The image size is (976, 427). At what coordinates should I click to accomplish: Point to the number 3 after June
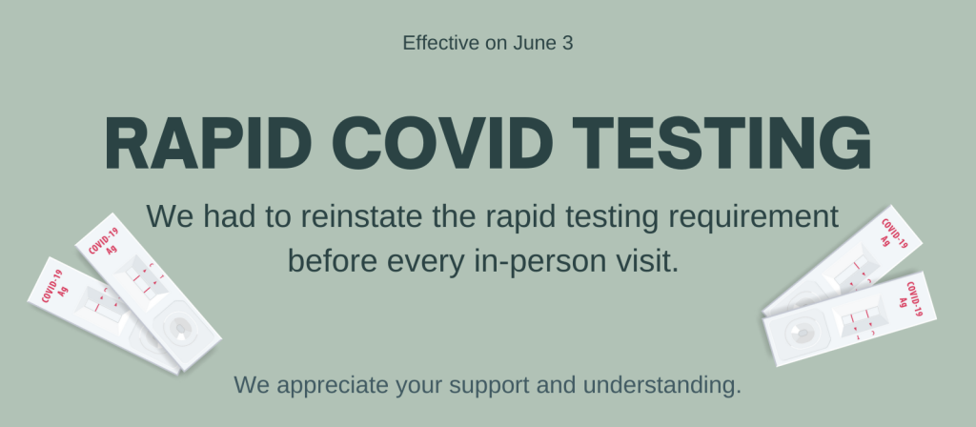click(x=567, y=43)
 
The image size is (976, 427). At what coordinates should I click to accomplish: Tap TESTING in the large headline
click(x=722, y=144)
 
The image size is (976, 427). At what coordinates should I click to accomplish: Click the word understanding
click(x=662, y=386)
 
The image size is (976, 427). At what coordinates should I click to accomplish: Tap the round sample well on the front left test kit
click(x=181, y=328)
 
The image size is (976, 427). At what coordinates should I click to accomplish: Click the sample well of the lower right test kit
click(x=803, y=333)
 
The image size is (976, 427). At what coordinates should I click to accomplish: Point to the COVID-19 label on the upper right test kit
click(x=894, y=234)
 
